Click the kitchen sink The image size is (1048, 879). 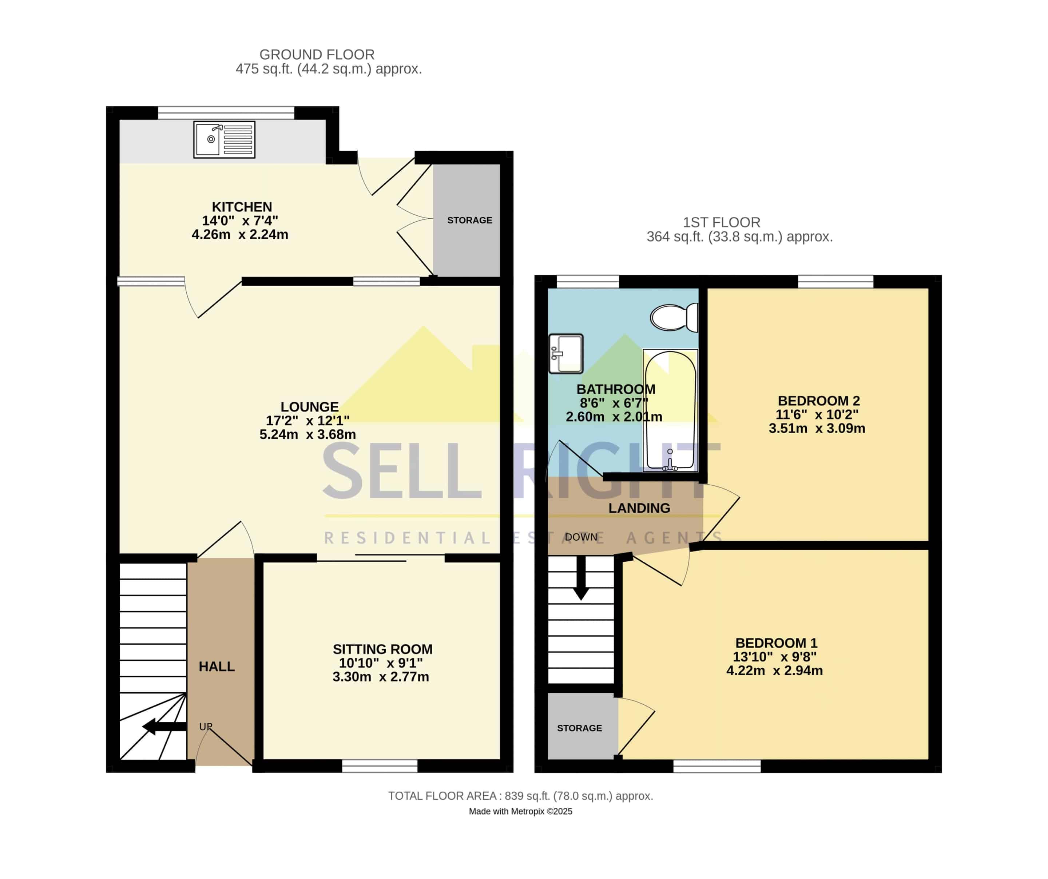[224, 140]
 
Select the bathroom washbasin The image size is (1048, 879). [566, 354]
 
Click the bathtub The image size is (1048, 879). [670, 410]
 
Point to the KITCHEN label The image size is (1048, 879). [242, 207]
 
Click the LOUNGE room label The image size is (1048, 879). [309, 407]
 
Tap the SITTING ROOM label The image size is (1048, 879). [383, 649]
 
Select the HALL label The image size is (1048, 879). [217, 667]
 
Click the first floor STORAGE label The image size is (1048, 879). [579, 728]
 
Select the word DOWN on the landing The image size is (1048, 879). [581, 537]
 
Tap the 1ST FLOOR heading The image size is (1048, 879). [722, 223]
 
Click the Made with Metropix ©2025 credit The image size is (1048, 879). [520, 812]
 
